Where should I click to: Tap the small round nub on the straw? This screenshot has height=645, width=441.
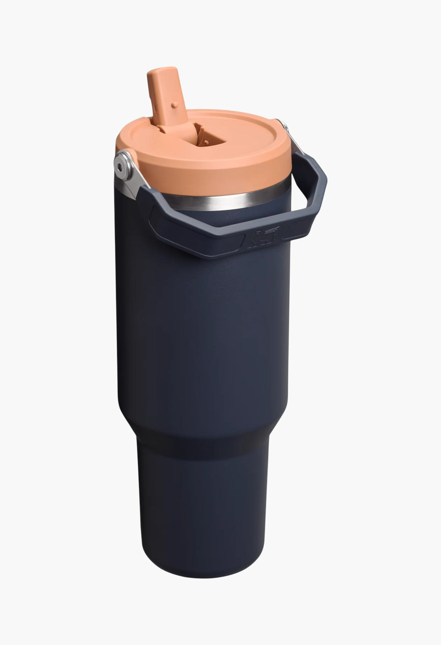tap(175, 105)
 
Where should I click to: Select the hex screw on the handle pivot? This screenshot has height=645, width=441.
tap(120, 161)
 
